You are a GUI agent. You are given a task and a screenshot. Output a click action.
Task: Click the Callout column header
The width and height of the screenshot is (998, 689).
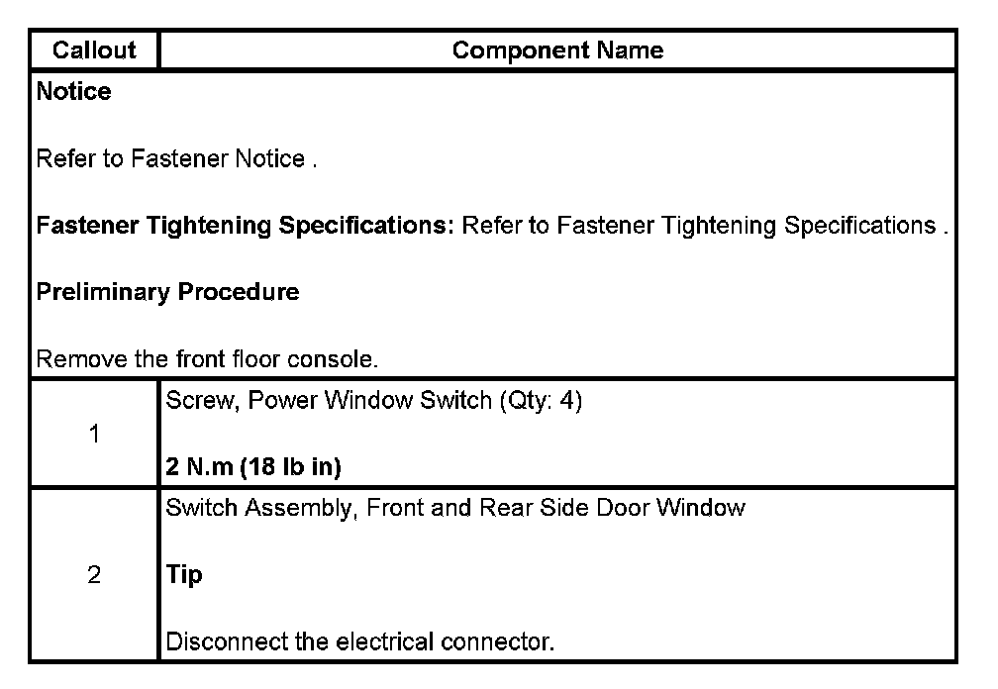tap(94, 50)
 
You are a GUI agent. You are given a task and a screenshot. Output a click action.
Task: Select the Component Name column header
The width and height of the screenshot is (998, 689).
tap(557, 50)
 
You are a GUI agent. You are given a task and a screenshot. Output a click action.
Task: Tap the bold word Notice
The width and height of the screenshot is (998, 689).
tap(73, 92)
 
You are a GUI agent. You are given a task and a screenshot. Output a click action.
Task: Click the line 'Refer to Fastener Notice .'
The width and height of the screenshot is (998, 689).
tap(176, 159)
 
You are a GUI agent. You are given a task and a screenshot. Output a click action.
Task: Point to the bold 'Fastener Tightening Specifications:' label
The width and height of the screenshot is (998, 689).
tap(245, 226)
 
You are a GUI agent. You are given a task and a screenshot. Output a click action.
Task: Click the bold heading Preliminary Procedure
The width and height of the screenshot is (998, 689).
tap(167, 292)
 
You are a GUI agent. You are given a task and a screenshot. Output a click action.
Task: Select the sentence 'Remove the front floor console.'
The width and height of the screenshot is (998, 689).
tap(207, 359)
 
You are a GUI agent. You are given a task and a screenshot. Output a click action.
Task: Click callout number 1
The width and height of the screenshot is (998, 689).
tap(94, 434)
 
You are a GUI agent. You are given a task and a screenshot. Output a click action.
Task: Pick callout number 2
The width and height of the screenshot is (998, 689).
tap(94, 575)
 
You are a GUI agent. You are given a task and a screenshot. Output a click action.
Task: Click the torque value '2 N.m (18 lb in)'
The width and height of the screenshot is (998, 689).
tap(253, 467)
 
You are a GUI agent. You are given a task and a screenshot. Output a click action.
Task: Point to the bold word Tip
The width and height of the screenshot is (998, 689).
tap(184, 575)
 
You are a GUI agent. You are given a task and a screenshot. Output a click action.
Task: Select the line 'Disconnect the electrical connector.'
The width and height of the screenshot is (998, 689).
tap(359, 641)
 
